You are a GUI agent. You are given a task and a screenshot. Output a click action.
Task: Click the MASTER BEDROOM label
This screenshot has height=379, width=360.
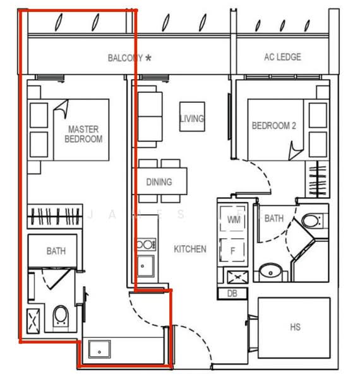click(x=83, y=134)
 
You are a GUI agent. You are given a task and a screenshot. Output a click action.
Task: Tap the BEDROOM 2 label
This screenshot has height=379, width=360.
click(x=273, y=126)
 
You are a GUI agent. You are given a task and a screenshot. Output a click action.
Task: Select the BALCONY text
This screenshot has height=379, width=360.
click(x=124, y=58)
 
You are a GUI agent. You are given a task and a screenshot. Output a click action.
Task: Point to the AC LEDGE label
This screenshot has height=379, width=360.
click(x=282, y=57)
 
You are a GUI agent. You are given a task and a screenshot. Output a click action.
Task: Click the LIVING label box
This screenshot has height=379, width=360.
click(x=192, y=118)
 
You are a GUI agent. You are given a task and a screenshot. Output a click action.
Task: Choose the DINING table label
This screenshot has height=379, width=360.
click(x=159, y=182)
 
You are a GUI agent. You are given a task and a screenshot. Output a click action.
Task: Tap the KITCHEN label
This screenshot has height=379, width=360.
click(x=190, y=249)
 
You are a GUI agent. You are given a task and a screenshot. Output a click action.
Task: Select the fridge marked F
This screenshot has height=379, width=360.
click(x=232, y=250)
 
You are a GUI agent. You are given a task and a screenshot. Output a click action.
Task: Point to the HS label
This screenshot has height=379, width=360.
click(x=295, y=327)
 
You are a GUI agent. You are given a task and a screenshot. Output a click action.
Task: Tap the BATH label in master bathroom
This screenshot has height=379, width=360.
click(x=56, y=251)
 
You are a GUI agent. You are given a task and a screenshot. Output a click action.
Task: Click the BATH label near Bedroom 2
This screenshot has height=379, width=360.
click(x=273, y=219)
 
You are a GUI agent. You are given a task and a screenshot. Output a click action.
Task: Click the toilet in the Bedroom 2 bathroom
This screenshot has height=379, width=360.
click(x=311, y=221)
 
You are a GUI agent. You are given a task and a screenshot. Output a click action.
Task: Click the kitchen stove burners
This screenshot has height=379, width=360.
click(x=145, y=244)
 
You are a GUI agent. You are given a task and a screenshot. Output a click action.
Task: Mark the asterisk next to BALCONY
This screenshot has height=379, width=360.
click(x=148, y=57)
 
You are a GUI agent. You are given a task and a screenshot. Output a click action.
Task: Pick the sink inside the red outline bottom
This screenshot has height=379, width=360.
click(x=100, y=349)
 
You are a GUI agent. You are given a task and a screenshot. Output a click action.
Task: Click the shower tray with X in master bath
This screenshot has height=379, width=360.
click(x=33, y=320)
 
